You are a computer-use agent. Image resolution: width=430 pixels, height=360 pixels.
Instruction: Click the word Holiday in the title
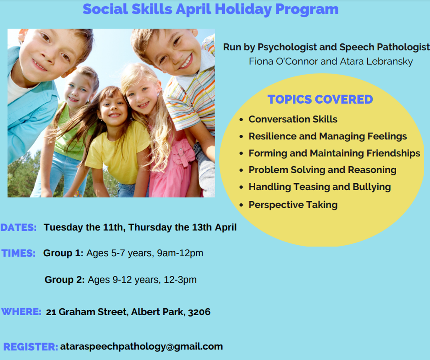point(243,9)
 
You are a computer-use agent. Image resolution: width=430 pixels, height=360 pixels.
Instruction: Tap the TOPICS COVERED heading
point(320,99)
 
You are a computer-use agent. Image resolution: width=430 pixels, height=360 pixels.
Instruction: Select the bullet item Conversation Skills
point(293,119)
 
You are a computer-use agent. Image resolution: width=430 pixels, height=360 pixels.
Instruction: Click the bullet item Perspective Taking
point(293,205)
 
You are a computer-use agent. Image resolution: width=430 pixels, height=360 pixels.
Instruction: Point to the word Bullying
point(372,187)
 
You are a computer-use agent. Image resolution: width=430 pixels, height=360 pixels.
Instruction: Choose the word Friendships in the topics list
point(393,153)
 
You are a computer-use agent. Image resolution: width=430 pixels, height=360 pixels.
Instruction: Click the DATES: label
point(19,227)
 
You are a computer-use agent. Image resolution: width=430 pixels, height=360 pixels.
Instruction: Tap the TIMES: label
point(19,253)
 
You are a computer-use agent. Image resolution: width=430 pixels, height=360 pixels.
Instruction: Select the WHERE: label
point(21,312)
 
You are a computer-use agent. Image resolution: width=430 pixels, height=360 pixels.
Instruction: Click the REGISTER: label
point(31,347)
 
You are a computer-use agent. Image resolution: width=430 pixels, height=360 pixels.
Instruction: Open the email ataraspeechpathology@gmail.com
point(142,347)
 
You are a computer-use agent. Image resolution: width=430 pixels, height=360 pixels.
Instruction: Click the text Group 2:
point(64,280)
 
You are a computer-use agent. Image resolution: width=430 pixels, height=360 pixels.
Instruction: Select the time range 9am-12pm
point(180,253)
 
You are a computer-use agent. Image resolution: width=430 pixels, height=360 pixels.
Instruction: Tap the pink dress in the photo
point(173,167)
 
